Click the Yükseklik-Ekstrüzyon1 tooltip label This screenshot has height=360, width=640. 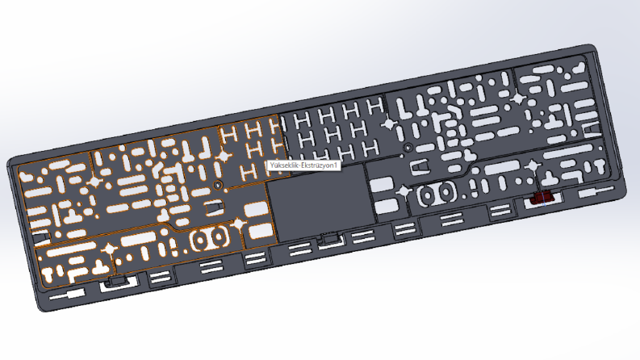303,165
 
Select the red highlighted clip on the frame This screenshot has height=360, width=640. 541,198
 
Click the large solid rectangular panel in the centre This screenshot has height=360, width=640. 321,203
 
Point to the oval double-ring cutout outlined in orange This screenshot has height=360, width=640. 209,238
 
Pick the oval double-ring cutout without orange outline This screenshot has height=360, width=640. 437,195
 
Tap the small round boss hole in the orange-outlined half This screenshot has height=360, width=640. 218,186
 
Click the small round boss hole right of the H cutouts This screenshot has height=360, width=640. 408,148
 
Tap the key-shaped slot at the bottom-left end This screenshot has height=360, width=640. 67,295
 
